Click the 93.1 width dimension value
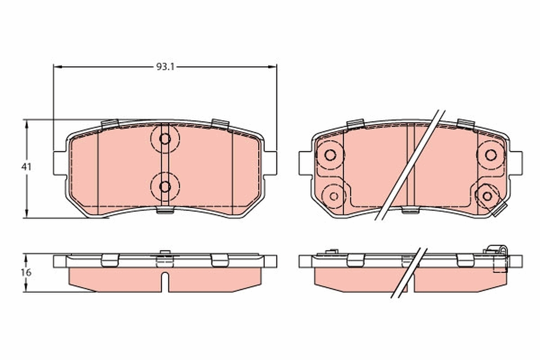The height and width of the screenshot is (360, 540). (165, 67)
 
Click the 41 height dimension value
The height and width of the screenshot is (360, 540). (26, 167)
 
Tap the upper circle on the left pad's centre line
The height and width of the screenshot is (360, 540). (165, 139)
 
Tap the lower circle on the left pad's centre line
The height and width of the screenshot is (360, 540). (165, 186)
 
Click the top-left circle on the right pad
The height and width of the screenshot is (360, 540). (330, 155)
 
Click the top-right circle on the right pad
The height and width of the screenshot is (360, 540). (490, 155)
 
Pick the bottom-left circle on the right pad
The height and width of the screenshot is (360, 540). (334, 195)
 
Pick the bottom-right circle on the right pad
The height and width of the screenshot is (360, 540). (487, 195)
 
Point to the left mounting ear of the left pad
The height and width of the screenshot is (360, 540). (60, 162)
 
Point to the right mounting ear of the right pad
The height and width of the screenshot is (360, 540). (516, 162)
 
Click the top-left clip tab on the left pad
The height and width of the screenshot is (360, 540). (110, 124)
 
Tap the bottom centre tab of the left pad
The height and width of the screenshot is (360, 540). (165, 210)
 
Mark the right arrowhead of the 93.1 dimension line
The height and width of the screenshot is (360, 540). (273, 67)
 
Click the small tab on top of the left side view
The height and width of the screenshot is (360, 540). (165, 252)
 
